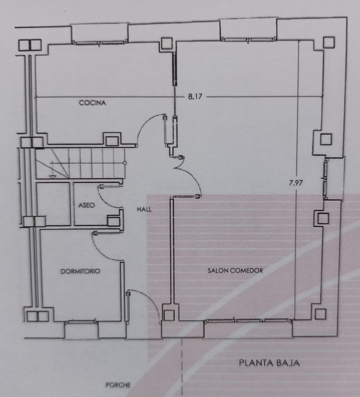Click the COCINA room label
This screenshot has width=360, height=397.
click(x=93, y=103)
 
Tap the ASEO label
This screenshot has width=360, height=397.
click(x=87, y=205)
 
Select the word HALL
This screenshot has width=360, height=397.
click(x=144, y=209)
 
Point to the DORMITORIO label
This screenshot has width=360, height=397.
click(x=80, y=271)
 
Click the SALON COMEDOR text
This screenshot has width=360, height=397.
click(x=235, y=271)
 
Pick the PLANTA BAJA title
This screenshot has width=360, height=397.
click(x=269, y=363)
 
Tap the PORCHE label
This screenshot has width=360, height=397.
click(x=118, y=385)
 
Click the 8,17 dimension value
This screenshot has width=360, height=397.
click(x=195, y=97)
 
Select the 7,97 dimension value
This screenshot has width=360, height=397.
click(x=296, y=182)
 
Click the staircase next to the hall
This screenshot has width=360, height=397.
click(x=80, y=163)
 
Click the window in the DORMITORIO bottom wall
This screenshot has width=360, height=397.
click(x=81, y=322)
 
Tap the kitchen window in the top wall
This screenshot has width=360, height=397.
click(x=100, y=43)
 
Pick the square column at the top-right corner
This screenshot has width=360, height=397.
click(x=329, y=43)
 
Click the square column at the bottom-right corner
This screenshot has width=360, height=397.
click(x=320, y=314)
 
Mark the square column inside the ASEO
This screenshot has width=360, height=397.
click(x=113, y=221)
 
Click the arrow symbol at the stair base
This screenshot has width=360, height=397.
click(x=52, y=176)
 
